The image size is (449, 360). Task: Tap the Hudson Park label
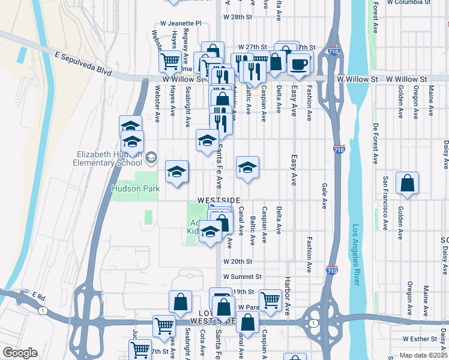pyautogui.click(x=136, y=188)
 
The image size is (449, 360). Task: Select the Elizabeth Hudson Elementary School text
pyautogui.click(x=107, y=158)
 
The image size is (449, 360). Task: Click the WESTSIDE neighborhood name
pyautogui.click(x=220, y=200)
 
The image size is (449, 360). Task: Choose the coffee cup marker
pyautogui.click(x=298, y=64)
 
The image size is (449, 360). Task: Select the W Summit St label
pyautogui.click(x=243, y=277)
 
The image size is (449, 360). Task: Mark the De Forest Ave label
pyautogui.click(x=376, y=144)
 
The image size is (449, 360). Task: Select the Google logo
pyautogui.click(x=20, y=353)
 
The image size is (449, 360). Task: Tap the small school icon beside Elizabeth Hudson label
pyautogui.click(x=151, y=158)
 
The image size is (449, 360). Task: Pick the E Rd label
pyautogui.click(x=39, y=296)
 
